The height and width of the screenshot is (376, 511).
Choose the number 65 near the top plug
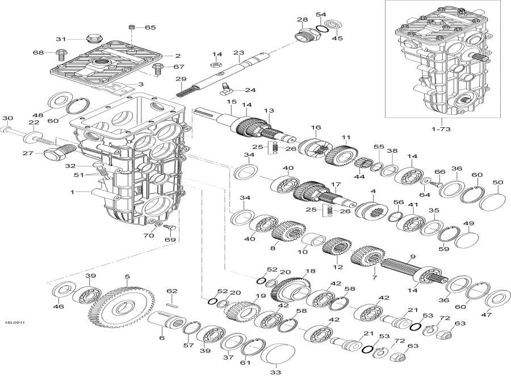[x=150, y=27]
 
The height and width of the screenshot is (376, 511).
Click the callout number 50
[x=497, y=182]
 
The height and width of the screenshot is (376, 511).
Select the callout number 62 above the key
[x=172, y=291]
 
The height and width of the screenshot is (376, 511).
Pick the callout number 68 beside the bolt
[x=39, y=53]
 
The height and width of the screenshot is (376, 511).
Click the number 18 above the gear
[x=309, y=271]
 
